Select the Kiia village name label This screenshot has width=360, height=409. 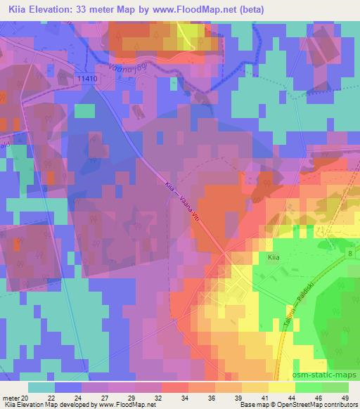274,259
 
